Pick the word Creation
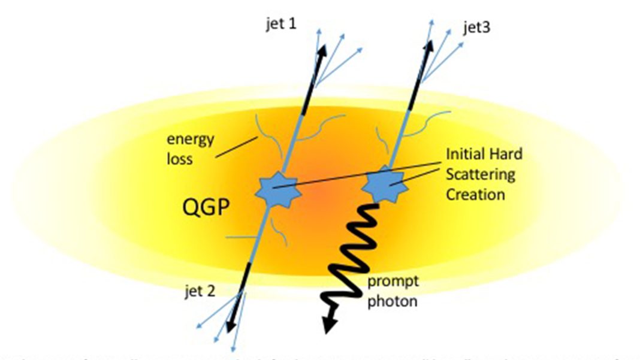[475, 194]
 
